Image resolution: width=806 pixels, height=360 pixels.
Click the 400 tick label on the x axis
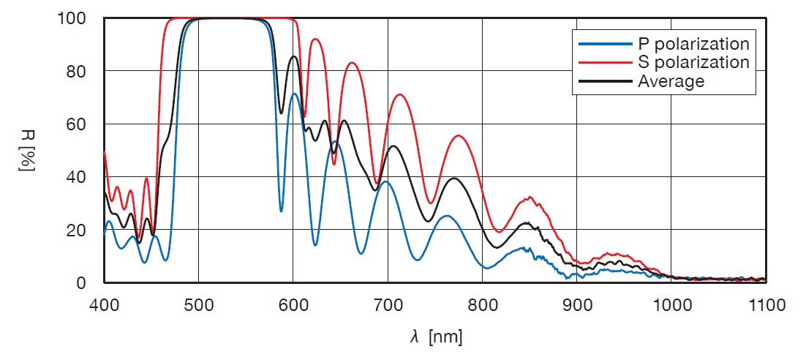pos(103,304)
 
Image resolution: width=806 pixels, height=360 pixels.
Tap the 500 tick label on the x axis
pos(198,304)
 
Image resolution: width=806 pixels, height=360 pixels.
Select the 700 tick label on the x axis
pos(388,304)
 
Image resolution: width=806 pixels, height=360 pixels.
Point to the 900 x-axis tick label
pos(577,304)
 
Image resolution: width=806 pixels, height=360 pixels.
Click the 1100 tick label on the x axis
pos(766,304)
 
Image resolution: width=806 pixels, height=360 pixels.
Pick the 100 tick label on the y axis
pos(72,18)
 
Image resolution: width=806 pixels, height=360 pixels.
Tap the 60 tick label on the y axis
pos(78,124)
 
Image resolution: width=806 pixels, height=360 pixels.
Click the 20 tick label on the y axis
pos(78,230)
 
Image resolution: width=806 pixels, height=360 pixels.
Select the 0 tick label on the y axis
pos(82,282)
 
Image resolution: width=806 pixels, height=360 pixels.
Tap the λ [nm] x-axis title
pos(436,337)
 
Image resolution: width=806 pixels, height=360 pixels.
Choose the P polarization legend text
pos(693,43)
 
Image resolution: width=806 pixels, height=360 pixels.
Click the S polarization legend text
pos(693,62)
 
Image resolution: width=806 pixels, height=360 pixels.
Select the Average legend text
pos(671,81)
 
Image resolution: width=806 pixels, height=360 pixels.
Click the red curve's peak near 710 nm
pos(399,94)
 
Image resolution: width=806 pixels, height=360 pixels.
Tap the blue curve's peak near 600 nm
pos(293,94)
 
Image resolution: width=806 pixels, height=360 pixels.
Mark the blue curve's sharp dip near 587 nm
pos(281,211)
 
